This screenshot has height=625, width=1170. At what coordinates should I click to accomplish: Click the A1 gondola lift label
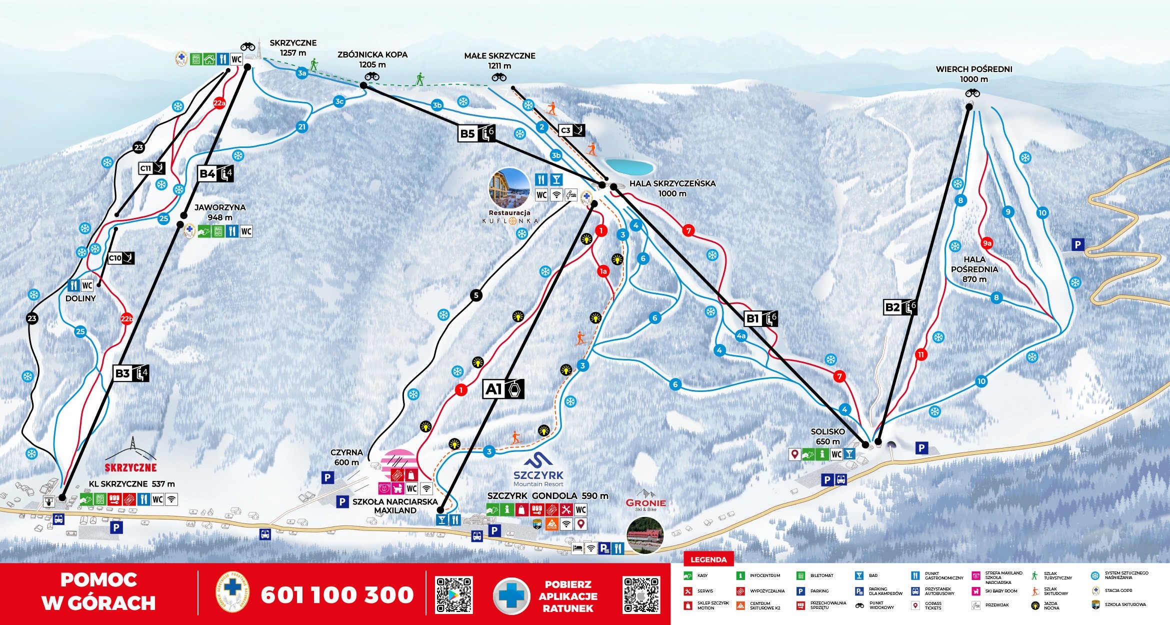tap(503, 389)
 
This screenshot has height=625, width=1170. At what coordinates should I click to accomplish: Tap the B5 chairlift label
tap(476, 133)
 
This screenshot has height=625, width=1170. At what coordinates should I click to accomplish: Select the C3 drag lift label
tap(571, 130)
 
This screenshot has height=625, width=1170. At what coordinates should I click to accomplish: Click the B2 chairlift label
tap(900, 307)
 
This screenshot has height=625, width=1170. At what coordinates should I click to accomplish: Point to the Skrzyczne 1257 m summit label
tap(293, 47)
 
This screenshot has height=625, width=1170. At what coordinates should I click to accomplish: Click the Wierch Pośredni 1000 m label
tap(973, 74)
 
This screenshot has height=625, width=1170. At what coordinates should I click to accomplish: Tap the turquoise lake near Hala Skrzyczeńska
tap(629, 165)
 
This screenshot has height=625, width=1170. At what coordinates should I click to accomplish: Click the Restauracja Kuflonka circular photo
tap(509, 188)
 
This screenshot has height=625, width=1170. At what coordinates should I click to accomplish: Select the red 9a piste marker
tap(986, 243)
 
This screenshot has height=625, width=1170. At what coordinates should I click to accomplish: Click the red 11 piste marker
tap(920, 354)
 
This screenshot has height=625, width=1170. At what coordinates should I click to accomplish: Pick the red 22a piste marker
tap(219, 103)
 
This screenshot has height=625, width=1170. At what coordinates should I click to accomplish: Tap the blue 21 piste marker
tap(301, 126)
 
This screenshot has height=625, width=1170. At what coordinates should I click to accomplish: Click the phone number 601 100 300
tap(337, 594)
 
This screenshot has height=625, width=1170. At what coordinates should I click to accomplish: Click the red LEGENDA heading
tap(707, 559)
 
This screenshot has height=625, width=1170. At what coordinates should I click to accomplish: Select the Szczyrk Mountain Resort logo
tap(538, 470)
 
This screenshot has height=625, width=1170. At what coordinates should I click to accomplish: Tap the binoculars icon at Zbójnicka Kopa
tap(371, 76)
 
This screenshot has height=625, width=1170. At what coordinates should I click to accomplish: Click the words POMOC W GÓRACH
tap(98, 591)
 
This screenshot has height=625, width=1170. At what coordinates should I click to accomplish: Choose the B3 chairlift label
tap(130, 373)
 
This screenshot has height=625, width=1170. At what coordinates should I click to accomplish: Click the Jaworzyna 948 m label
tap(220, 212)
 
